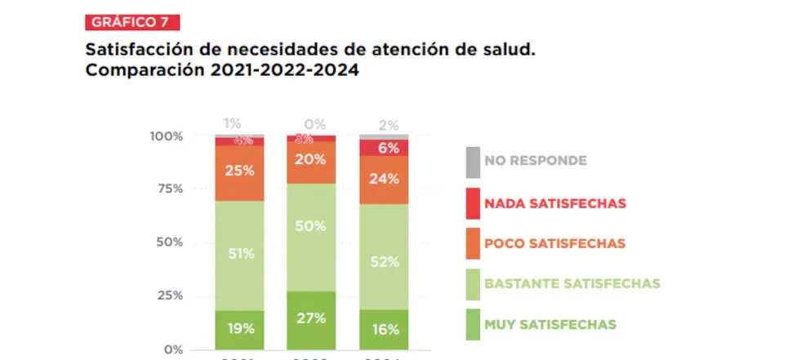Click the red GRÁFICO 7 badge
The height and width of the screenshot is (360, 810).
pyautogui.click(x=132, y=22)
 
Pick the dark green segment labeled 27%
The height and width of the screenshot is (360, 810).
pyautogui.click(x=312, y=319)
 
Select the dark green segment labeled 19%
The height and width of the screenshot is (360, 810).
pyautogui.click(x=240, y=329)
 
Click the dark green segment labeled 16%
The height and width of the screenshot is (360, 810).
pyautogui.click(x=384, y=329)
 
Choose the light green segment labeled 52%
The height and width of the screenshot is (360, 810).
pyautogui.click(x=384, y=261)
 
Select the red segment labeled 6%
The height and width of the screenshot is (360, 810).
pyautogui.click(x=384, y=148)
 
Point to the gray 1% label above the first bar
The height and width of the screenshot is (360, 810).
pyautogui.click(x=233, y=123)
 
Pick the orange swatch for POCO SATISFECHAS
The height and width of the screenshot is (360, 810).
pyautogui.click(x=472, y=243)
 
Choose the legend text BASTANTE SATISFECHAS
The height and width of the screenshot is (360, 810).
pyautogui.click(x=572, y=284)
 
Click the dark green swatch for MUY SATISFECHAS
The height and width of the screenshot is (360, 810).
pyautogui.click(x=472, y=324)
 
